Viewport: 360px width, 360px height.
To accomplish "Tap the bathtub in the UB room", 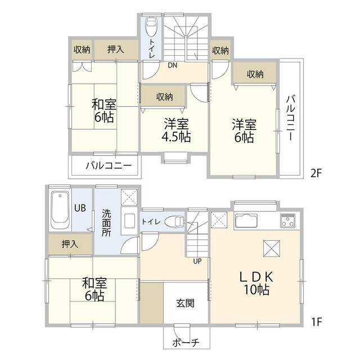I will click(x=58, y=210).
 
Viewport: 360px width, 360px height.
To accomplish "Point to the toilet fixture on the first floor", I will click(x=176, y=222).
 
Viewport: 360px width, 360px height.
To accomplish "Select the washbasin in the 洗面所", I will click(x=128, y=220).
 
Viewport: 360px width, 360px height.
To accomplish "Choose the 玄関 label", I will click(x=185, y=303).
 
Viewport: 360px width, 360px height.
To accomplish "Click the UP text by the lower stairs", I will click(x=197, y=261).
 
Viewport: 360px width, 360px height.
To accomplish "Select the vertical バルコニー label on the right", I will click(x=290, y=119).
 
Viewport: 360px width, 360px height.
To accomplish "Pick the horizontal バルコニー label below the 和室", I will click(x=109, y=166).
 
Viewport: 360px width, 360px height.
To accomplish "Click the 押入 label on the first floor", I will click(x=70, y=244).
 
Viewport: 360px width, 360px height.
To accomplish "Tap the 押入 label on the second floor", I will click(x=115, y=49).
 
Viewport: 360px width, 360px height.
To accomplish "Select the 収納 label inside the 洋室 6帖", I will click(x=255, y=73).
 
